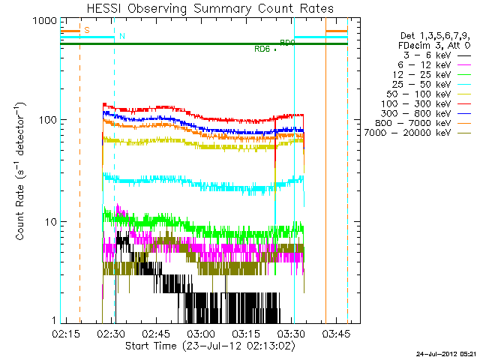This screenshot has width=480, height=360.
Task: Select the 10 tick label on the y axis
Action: click(43, 221)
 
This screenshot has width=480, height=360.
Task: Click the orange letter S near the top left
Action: click(86, 30)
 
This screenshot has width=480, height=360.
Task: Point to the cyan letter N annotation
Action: click(122, 36)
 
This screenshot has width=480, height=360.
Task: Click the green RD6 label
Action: click(262, 49)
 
